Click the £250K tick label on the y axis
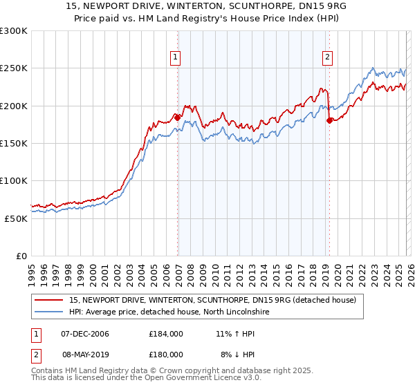(14, 68)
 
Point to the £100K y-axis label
(14, 180)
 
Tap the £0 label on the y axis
(21, 256)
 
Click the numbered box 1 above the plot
(176, 58)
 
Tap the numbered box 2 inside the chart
(326, 58)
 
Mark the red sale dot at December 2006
(178, 117)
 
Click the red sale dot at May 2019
(329, 120)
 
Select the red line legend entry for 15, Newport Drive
(212, 300)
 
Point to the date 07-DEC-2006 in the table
(85, 333)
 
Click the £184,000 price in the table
(166, 333)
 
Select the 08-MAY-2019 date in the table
(85, 354)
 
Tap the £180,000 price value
(166, 354)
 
